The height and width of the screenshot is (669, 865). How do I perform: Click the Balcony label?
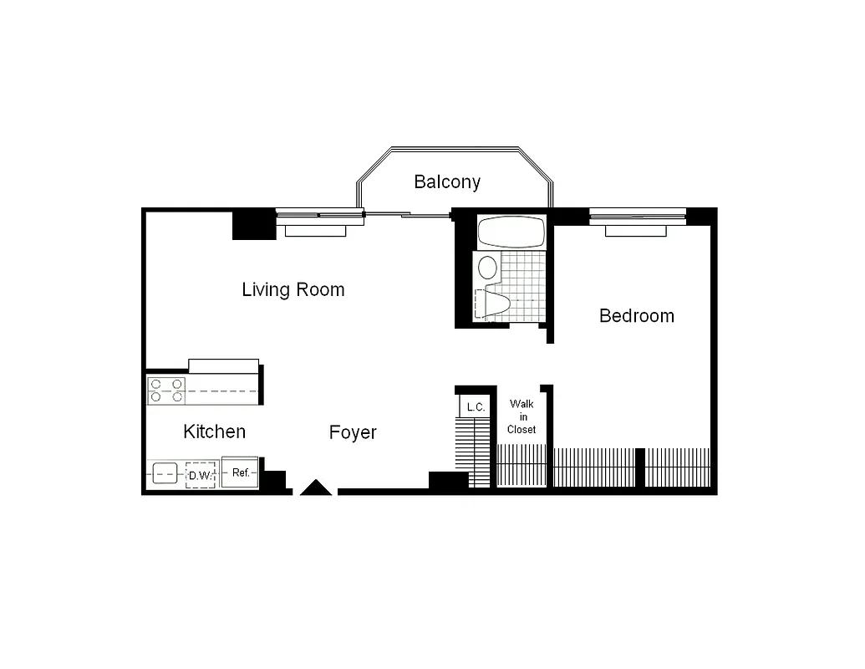pyautogui.click(x=447, y=181)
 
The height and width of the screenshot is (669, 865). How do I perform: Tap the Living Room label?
pyautogui.click(x=293, y=290)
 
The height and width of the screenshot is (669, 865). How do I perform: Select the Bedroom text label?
pyautogui.click(x=636, y=316)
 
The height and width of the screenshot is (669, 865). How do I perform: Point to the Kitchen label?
pyautogui.click(x=214, y=432)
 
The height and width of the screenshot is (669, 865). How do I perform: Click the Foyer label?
pyautogui.click(x=353, y=432)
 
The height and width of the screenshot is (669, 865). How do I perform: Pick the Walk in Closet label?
pyautogui.click(x=522, y=416)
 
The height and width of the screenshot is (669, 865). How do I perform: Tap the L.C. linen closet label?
pyautogui.click(x=476, y=407)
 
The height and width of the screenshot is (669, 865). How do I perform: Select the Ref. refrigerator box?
pyautogui.click(x=241, y=473)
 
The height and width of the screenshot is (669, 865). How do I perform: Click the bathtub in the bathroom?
pyautogui.click(x=510, y=232)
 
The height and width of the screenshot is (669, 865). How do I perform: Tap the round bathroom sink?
pyautogui.click(x=486, y=268)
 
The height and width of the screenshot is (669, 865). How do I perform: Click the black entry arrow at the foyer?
pyautogui.click(x=316, y=488)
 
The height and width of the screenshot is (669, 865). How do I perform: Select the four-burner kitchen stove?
pyautogui.click(x=166, y=391)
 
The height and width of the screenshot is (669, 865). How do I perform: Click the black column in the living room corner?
pyautogui.click(x=252, y=223)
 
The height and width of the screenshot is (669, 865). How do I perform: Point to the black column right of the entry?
pyautogui.click(x=448, y=481)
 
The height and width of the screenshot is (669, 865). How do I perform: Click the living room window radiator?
pyautogui.click(x=314, y=230)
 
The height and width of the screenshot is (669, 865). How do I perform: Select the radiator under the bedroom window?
pyautogui.click(x=636, y=230)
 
